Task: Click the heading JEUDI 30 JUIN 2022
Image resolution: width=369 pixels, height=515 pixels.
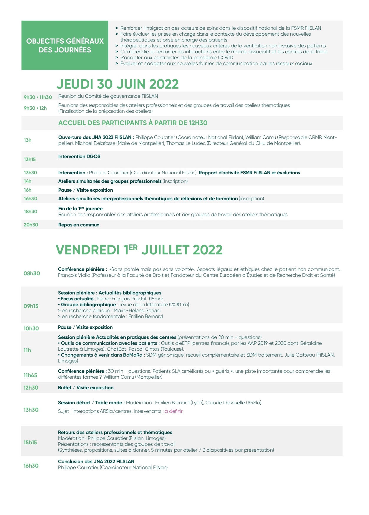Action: tap(118, 84)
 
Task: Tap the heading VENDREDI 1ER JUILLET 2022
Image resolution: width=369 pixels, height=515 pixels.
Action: tap(139, 250)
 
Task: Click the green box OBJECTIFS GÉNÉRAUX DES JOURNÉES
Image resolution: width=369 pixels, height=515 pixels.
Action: tap(65, 45)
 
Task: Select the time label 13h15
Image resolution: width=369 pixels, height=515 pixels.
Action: tap(30, 159)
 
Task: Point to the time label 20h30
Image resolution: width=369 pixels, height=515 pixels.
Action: tap(31, 225)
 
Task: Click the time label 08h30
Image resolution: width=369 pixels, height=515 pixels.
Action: tap(32, 274)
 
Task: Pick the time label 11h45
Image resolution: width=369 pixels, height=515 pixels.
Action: tap(30, 375)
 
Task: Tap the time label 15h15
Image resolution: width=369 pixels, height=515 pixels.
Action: tap(30, 442)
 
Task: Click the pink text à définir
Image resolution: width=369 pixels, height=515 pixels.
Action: tap(173, 411)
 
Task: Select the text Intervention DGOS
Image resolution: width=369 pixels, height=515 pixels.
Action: tap(79, 156)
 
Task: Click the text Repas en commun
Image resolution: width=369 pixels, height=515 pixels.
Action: tap(79, 225)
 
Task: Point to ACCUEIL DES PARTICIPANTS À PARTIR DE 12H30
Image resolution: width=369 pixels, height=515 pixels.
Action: tap(133, 123)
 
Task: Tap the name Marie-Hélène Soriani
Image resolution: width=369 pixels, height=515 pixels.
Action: tap(137, 310)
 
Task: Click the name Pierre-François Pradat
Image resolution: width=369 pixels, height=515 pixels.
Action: tap(121, 299)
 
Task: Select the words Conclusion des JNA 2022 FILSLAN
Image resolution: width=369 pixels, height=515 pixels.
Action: tap(96, 461)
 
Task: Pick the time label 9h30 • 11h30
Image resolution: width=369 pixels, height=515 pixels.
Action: tap(38, 97)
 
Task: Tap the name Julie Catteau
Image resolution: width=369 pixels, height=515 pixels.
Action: tap(299, 355)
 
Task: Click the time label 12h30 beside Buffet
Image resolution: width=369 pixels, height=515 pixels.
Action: tap(31, 388)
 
